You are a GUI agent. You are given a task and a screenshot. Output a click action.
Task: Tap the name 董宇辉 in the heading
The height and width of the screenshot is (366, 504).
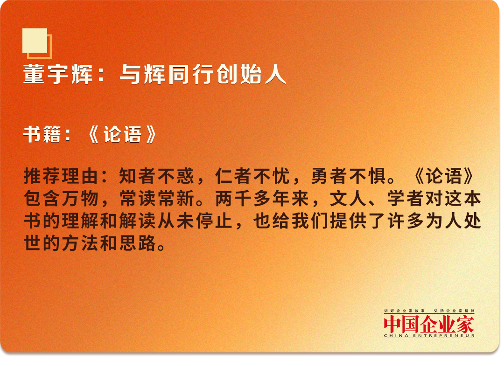[58, 74]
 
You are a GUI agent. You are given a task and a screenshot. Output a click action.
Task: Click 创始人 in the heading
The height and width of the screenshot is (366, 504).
[251, 74]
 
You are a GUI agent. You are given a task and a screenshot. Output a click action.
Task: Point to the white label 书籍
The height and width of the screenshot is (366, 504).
[42, 134]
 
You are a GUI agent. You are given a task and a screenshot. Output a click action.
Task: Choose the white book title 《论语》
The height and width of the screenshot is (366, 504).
[122, 134]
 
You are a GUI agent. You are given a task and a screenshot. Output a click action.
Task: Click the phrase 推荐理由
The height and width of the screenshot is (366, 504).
[60, 176]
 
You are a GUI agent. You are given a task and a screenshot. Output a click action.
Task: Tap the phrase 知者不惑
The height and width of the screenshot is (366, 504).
[156, 176]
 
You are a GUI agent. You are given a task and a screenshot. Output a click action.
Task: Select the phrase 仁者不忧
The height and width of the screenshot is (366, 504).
[252, 176]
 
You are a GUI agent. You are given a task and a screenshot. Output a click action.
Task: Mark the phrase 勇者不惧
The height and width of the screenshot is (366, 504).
[349, 176]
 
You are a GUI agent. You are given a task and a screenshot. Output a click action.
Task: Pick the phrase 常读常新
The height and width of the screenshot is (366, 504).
[156, 199]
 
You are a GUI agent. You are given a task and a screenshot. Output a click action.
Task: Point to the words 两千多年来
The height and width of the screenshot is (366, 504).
[262, 199]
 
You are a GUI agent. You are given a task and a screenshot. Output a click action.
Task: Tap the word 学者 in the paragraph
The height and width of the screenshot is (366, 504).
[406, 199]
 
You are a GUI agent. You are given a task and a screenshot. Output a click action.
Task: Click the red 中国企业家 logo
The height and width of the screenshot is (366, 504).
[429, 324]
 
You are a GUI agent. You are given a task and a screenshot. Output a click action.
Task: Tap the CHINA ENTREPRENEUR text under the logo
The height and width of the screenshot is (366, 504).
[429, 336]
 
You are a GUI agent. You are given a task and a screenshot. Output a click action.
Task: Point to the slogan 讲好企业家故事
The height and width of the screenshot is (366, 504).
[405, 311]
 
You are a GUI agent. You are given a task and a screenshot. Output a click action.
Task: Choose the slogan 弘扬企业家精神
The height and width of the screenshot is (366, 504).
[454, 311]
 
